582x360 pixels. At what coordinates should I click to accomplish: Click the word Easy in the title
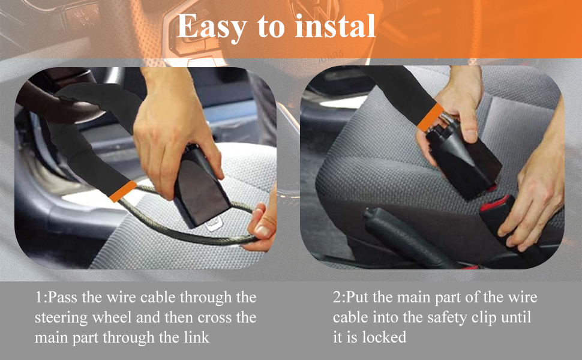coord(212,27)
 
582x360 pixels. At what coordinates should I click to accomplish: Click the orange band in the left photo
coord(123,191)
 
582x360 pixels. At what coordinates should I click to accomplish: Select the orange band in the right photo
coord(430,116)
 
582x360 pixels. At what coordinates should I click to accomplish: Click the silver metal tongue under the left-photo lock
coord(214,224)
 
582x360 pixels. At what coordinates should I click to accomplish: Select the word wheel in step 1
coord(112,317)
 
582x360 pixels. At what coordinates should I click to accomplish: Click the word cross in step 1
coord(215,318)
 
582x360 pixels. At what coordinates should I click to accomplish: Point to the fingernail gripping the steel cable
coord(263,230)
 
